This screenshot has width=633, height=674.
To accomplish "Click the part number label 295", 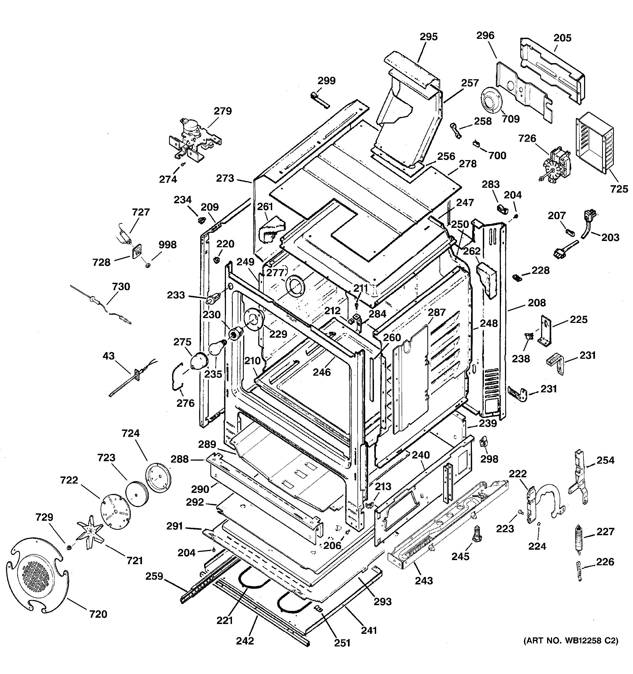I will (x=429, y=37).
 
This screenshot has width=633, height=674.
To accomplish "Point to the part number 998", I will (x=168, y=245).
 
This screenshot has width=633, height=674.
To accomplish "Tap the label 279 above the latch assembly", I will (x=223, y=111).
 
